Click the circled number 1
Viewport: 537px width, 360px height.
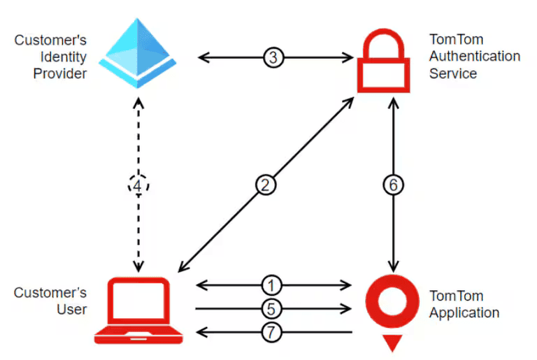273,285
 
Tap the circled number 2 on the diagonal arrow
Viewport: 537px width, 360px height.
266,185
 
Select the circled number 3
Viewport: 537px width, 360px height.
274,57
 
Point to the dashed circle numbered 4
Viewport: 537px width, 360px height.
138,185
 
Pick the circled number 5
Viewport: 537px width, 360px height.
273,308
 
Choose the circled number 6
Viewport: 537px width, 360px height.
394,185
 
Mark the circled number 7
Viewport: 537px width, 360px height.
273,331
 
